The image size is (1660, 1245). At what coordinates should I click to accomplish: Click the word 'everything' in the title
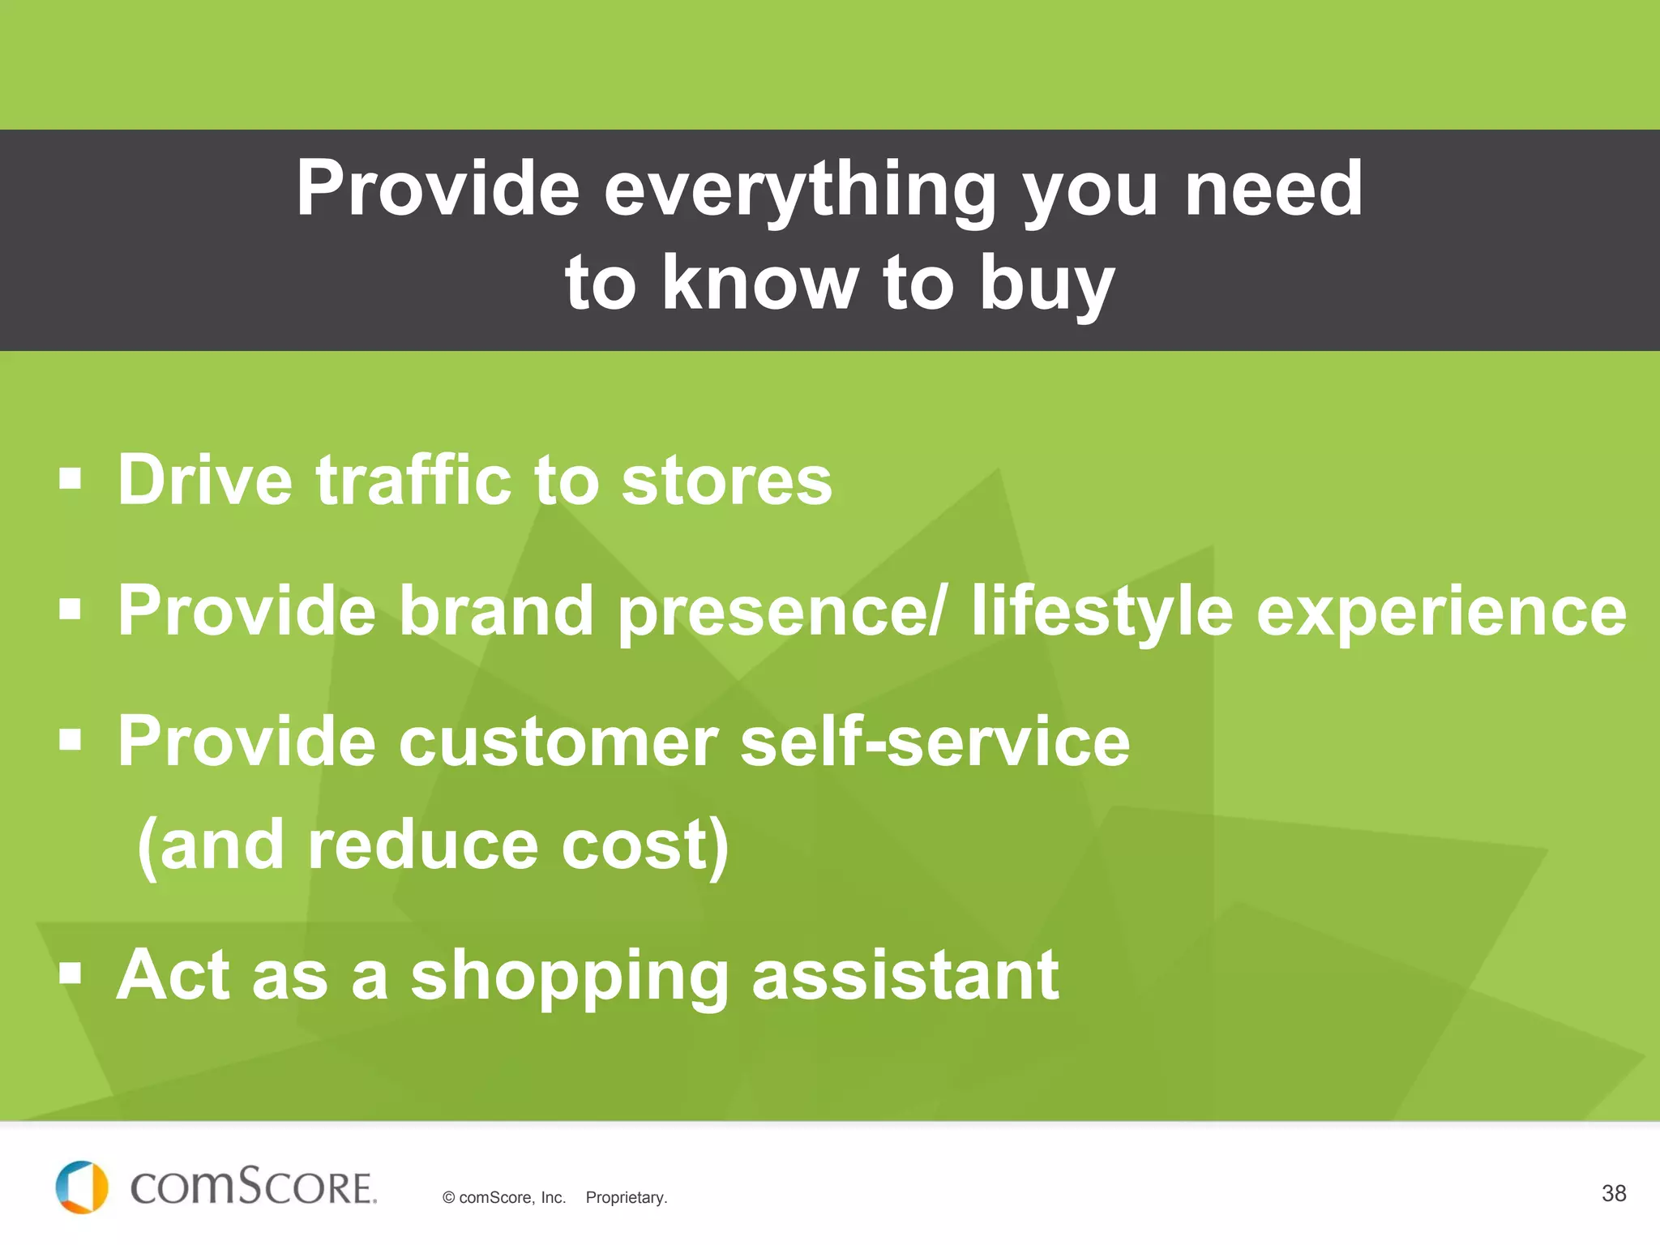click(x=799, y=190)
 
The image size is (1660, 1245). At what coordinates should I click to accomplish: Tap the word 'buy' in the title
click(x=1046, y=284)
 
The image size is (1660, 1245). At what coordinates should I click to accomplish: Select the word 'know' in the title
click(x=759, y=284)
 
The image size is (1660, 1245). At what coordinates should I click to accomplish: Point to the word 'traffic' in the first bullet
click(x=413, y=480)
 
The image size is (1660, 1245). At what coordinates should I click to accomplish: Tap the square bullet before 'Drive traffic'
click(x=71, y=479)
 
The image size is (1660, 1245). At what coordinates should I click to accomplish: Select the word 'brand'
click(x=496, y=610)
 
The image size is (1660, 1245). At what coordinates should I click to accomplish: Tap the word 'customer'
click(x=558, y=742)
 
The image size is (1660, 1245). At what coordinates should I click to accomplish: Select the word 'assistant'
click(x=905, y=975)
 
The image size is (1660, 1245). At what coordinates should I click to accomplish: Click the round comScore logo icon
click(x=81, y=1187)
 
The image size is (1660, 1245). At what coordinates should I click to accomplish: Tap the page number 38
click(x=1613, y=1193)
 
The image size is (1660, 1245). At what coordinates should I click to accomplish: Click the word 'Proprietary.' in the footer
click(x=626, y=1198)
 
